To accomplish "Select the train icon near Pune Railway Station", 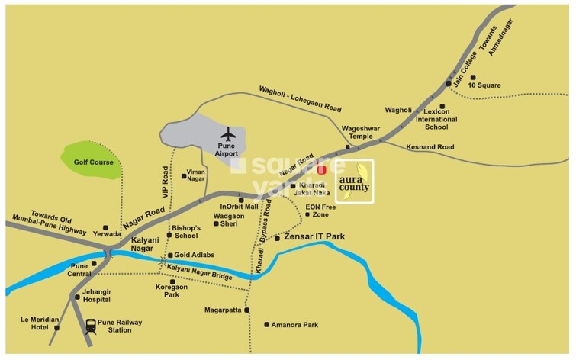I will click(x=92, y=326).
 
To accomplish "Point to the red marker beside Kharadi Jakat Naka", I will click(x=321, y=170).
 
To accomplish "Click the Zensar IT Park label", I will click(x=315, y=237).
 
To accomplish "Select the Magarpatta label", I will click(x=223, y=310).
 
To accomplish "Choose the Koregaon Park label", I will click(x=172, y=291).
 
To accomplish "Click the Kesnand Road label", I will click(x=430, y=146).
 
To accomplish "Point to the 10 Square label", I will click(x=485, y=85).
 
